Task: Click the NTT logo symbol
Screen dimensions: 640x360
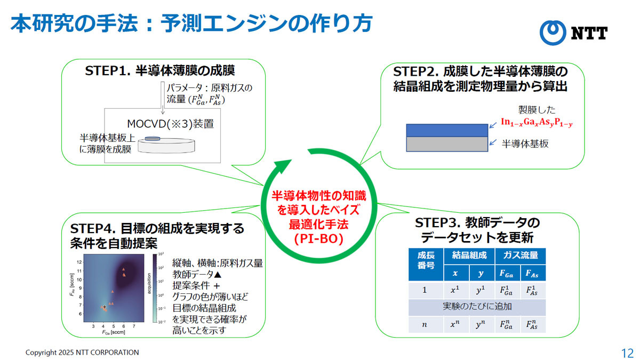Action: (x=553, y=33)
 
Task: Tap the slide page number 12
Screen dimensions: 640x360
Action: (x=627, y=353)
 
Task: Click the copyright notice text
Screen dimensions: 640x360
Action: (x=82, y=353)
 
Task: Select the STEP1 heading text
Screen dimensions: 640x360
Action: (x=159, y=70)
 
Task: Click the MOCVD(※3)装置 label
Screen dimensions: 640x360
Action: (x=170, y=124)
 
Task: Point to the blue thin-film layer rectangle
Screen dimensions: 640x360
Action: (x=447, y=130)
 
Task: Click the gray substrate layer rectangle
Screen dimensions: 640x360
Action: (x=447, y=144)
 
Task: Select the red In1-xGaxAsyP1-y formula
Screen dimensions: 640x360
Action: (x=537, y=122)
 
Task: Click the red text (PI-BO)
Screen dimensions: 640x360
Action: (x=319, y=239)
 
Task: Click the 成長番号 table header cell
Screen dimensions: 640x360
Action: (x=426, y=265)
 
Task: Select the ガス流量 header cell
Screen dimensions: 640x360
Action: (x=521, y=256)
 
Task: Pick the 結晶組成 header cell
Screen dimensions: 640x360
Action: (x=469, y=256)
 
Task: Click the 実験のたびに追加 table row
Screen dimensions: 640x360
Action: (x=477, y=307)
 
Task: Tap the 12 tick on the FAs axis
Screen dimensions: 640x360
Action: (x=79, y=262)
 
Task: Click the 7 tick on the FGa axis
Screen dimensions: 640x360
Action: (x=134, y=326)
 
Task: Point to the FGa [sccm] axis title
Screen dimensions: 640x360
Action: (x=114, y=332)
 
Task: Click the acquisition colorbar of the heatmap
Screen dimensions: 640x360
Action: (x=155, y=288)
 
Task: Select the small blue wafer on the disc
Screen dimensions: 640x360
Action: (x=153, y=139)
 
